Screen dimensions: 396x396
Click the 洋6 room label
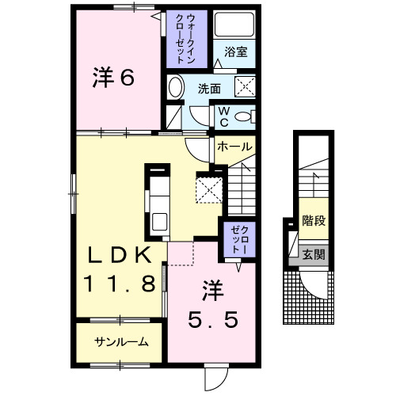114,78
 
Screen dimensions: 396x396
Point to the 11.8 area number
120,284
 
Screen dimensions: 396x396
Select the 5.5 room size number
211,320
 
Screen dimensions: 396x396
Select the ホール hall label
234,147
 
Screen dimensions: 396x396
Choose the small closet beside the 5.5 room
238,238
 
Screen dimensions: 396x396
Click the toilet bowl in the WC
247,116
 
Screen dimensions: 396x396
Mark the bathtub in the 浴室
235,28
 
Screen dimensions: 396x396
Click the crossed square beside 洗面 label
246,87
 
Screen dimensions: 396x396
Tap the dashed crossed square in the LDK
210,188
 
